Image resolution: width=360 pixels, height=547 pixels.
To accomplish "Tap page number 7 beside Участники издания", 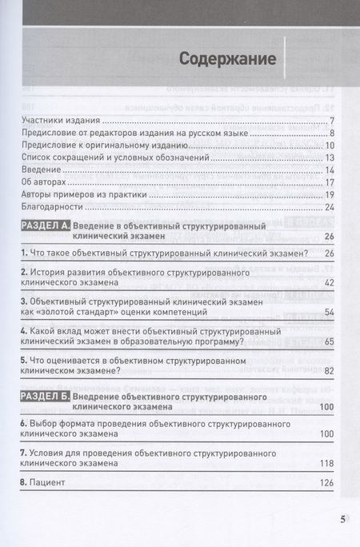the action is [330, 121].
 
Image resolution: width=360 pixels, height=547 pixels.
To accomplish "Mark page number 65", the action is [328, 341].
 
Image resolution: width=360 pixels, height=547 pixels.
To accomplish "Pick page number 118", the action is [326, 462].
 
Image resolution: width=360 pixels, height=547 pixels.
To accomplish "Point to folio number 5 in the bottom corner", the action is [342, 520].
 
